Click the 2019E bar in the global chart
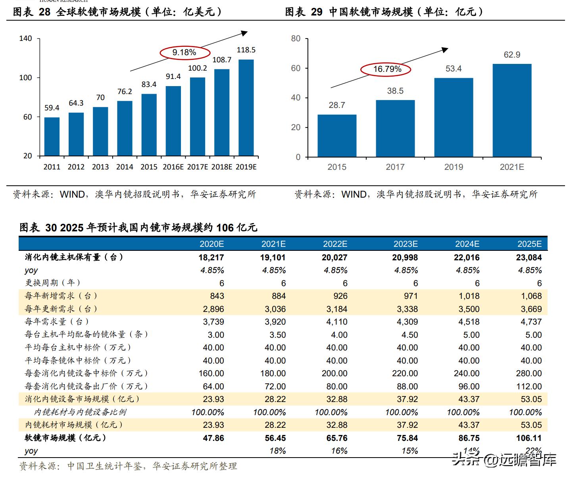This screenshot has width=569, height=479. pyautogui.click(x=246, y=108)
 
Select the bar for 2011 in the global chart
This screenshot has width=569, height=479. pyautogui.click(x=52, y=137)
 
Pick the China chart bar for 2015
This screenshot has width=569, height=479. pyautogui.click(x=337, y=136)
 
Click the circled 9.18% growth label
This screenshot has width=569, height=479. pyautogui.click(x=184, y=52)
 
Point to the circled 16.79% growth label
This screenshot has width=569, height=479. pyautogui.click(x=387, y=69)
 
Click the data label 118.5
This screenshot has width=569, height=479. pyautogui.click(x=246, y=50)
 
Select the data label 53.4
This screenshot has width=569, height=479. pyautogui.click(x=453, y=69)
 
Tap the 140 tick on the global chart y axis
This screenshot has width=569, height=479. pyautogui.click(x=25, y=39)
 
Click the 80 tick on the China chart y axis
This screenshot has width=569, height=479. pyautogui.click(x=296, y=39)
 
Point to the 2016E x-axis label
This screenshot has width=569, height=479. pyautogui.click(x=173, y=167)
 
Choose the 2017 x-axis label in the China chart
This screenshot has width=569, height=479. pyautogui.click(x=395, y=167)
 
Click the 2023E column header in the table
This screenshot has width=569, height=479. pyautogui.click(x=406, y=244)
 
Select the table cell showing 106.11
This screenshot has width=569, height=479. pyautogui.click(x=529, y=438)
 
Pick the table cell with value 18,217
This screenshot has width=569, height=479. pyautogui.click(x=211, y=258)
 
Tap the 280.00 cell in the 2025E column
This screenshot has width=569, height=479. pyautogui.click(x=529, y=373)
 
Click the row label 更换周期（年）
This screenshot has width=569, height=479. pyautogui.click(x=53, y=283)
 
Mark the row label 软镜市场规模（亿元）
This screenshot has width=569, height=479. pyautogui.click(x=66, y=438)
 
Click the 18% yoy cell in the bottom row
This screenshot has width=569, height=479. pyautogui.click(x=277, y=451)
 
